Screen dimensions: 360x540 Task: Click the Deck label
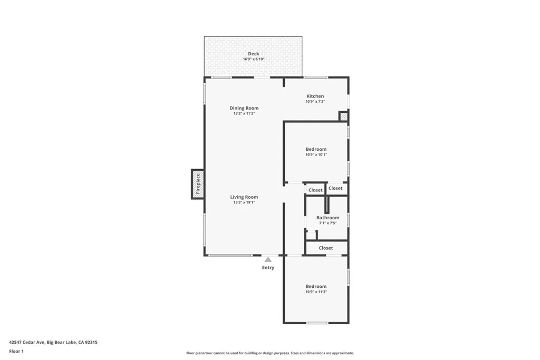tap(254, 54)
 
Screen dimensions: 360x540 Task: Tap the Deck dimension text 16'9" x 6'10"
tap(254, 59)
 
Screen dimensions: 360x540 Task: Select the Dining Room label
tap(244, 108)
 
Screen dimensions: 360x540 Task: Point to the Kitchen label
tap(315, 96)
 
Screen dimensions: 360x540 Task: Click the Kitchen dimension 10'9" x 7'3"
tap(315, 101)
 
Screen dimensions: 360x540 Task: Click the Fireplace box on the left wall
tap(198, 184)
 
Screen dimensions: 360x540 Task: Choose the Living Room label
tap(244, 197)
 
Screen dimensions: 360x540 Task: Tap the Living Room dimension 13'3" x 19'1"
tap(244, 202)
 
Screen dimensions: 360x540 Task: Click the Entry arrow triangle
tap(268, 259)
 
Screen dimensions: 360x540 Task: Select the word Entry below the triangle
tap(268, 268)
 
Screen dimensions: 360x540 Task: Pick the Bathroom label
tap(327, 218)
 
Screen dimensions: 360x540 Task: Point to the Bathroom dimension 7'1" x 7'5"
tap(327, 223)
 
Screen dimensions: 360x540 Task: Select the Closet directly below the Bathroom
tap(326, 248)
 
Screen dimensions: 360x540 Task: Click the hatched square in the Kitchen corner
tap(343, 116)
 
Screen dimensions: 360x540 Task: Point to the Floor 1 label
tap(16, 351)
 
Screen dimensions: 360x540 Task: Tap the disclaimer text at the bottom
tap(270, 353)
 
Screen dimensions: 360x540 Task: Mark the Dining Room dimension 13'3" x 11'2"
tap(244, 113)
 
